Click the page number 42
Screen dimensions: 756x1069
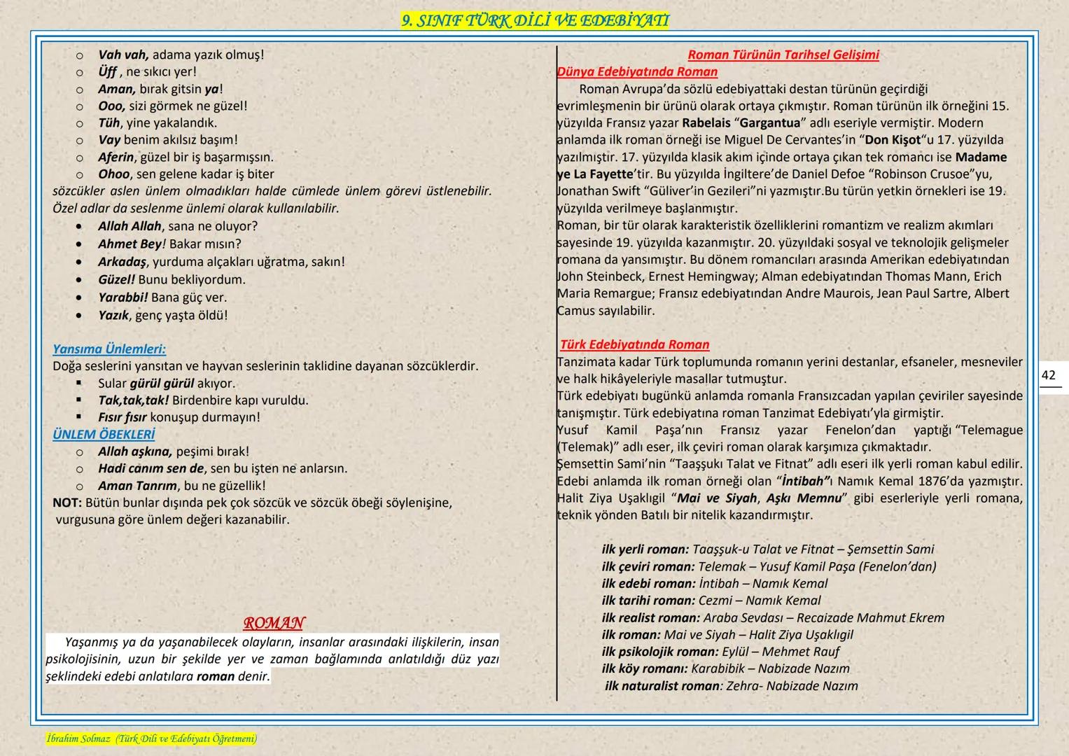pyautogui.click(x=1048, y=376)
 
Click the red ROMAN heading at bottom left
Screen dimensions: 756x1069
pyautogui.click(x=274, y=623)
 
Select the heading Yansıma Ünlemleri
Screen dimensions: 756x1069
pyautogui.click(x=109, y=349)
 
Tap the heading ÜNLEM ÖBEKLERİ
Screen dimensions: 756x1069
pyautogui.click(x=104, y=435)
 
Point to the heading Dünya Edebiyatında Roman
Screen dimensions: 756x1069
pyautogui.click(x=637, y=71)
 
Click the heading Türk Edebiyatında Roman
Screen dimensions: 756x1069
pyautogui.click(x=634, y=344)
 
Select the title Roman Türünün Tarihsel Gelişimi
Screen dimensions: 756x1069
pyautogui.click(x=783, y=55)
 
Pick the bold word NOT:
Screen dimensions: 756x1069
pyautogui.click(x=67, y=503)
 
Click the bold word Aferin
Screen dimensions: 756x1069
pyautogui.click(x=116, y=157)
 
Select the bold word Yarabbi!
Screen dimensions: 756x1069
pyautogui.click(x=123, y=297)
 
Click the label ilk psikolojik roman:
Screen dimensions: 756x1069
pyautogui.click(x=659, y=652)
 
